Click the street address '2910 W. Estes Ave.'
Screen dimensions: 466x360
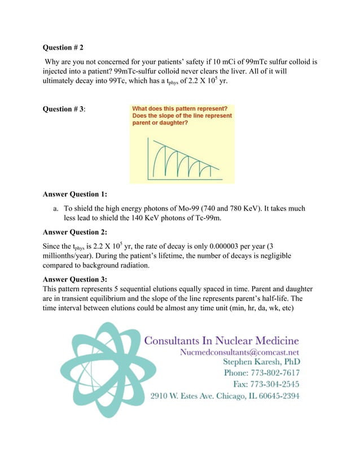tap(184, 396)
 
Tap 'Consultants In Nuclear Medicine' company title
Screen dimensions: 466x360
tap(222, 340)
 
